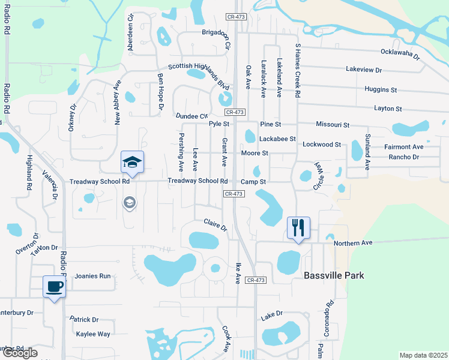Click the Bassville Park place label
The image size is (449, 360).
coord(334,275)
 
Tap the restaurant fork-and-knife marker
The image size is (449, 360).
coord(298,228)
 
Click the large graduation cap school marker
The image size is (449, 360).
coord(132,163)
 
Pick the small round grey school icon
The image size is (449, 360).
coord(129,203)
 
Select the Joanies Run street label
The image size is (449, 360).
coord(92,277)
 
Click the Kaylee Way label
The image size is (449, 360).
coord(92,334)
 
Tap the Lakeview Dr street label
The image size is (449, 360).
coord(364,70)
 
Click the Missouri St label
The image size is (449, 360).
coord(333,125)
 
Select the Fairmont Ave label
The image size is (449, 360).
coord(404,146)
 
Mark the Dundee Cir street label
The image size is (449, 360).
coord(191,116)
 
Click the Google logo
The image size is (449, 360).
coord(19,353)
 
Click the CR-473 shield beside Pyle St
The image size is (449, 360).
coord(235,112)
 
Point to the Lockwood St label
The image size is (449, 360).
coord(322,145)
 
